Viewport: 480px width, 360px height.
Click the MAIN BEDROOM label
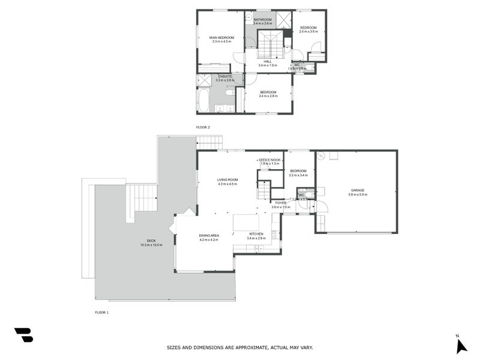tap(221, 38)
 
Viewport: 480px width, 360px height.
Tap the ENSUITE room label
tap(225, 76)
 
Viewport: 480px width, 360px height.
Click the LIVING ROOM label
tap(227, 179)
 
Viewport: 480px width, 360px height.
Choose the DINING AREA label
tap(209, 235)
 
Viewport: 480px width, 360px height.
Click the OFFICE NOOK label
tap(269, 160)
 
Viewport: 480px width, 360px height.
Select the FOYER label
tap(281, 203)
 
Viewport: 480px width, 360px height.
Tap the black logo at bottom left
tap(23, 335)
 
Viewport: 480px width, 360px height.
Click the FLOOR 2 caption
tap(203, 127)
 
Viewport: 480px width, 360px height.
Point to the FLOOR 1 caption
tap(102, 312)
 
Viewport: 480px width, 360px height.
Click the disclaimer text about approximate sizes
tap(239, 347)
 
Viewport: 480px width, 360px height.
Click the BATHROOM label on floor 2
tap(262, 20)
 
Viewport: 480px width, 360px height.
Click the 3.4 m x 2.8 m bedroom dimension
tap(268, 95)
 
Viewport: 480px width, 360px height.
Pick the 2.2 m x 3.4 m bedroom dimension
tap(298, 175)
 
